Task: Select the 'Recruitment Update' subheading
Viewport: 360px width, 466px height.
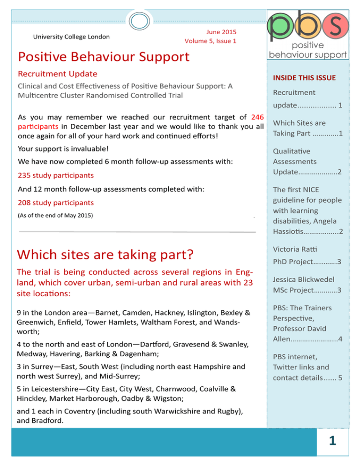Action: click(57, 74)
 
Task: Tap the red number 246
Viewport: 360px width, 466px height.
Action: click(258, 117)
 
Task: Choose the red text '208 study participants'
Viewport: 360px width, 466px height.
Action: click(55, 203)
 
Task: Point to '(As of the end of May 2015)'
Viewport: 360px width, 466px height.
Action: click(55, 216)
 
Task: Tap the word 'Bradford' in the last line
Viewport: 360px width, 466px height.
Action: click(47, 421)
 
